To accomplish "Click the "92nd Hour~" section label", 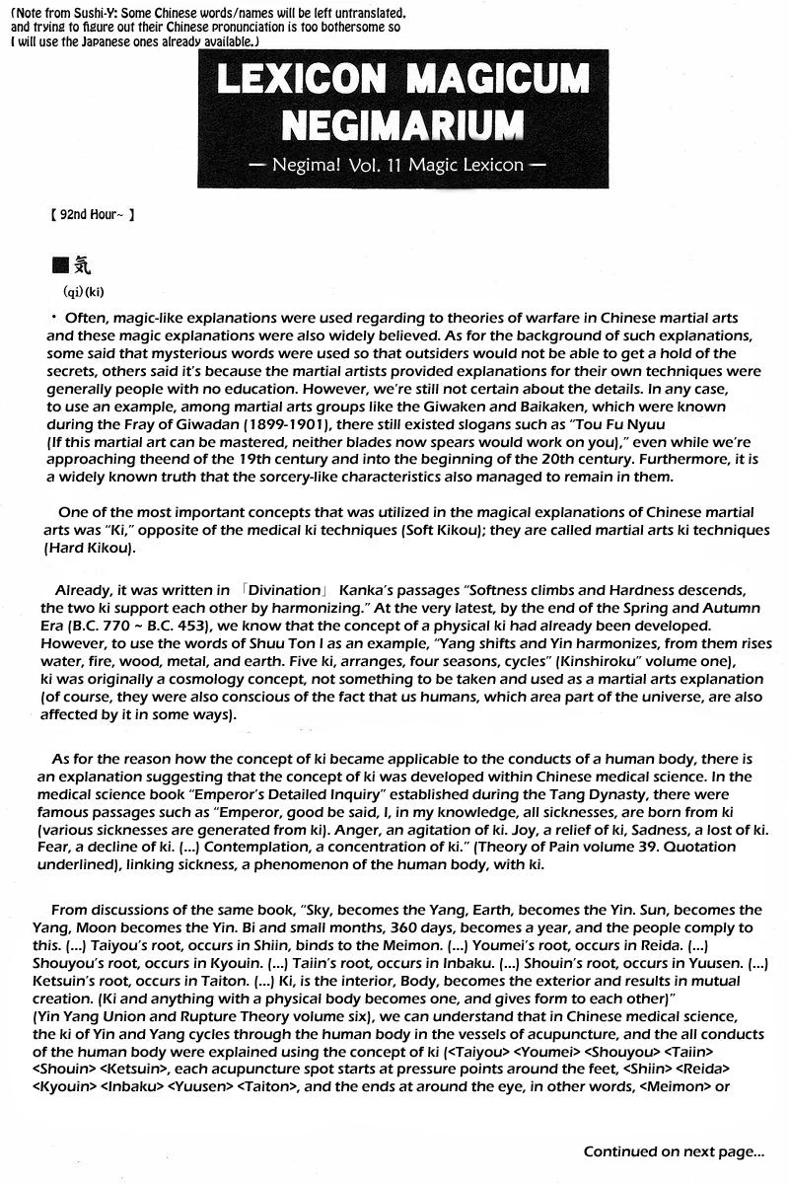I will coord(91,213).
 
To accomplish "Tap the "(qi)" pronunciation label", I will coord(74,292).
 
